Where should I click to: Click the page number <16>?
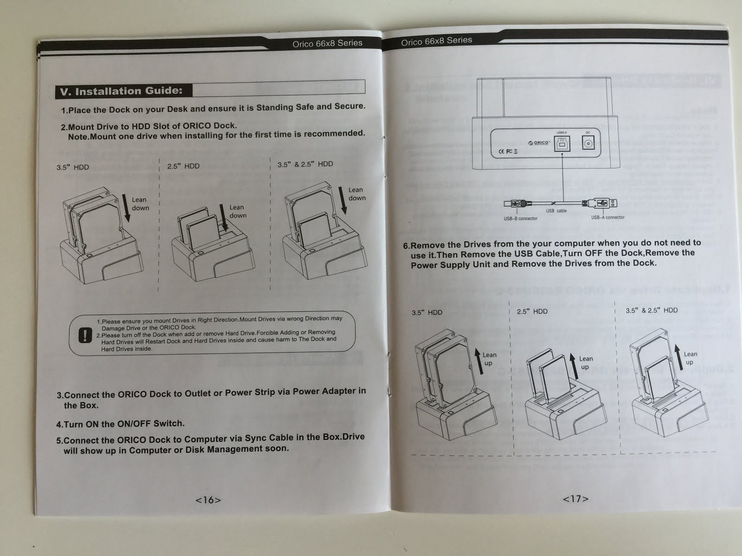(x=208, y=500)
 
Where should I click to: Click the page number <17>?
(x=576, y=499)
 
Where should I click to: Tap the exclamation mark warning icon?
(x=85, y=335)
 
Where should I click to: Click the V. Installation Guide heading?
(x=122, y=91)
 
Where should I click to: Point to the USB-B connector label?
(x=520, y=219)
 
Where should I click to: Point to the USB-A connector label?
(x=608, y=217)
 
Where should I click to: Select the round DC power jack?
(x=588, y=144)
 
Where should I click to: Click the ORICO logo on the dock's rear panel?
(x=538, y=143)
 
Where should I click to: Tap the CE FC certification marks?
(x=508, y=151)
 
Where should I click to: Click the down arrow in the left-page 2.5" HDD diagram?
(x=224, y=218)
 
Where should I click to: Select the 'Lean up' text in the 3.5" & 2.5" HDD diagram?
(x=690, y=358)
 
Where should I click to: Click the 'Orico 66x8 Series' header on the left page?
(x=327, y=43)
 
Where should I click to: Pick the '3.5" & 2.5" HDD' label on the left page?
(x=305, y=164)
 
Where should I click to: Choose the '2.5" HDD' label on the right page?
(x=532, y=311)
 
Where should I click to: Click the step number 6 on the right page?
(x=406, y=246)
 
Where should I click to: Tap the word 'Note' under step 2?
(x=78, y=137)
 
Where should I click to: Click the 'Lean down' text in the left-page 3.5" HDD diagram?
(x=140, y=204)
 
